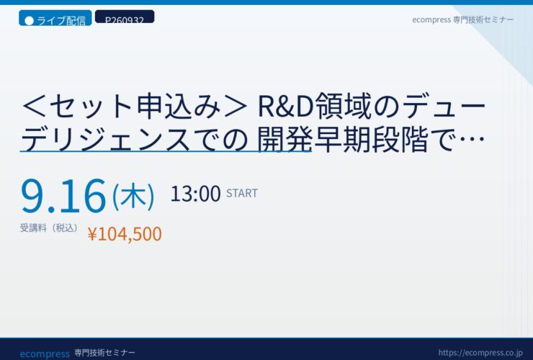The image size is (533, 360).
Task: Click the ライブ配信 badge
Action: click(x=55, y=18)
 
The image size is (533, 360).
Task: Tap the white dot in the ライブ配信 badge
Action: click(x=30, y=21)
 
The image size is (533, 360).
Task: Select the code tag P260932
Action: click(x=125, y=17)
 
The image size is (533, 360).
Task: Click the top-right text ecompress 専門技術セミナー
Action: click(x=462, y=19)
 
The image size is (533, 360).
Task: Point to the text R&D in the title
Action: click(x=285, y=107)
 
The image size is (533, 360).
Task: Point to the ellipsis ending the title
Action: click(x=471, y=139)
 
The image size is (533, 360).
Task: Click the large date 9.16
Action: click(x=63, y=196)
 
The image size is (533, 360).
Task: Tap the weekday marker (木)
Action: click(x=133, y=196)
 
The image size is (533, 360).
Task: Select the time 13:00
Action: click(x=195, y=194)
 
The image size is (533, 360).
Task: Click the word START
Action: click(x=242, y=194)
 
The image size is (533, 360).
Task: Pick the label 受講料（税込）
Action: click(x=49, y=228)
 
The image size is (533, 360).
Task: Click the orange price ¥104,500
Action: click(x=125, y=234)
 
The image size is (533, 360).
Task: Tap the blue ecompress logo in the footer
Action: click(x=45, y=354)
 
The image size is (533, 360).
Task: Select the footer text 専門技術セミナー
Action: click(x=104, y=353)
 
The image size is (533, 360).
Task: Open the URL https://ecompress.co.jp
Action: click(x=480, y=353)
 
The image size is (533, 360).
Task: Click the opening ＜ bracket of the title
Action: click(x=34, y=107)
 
